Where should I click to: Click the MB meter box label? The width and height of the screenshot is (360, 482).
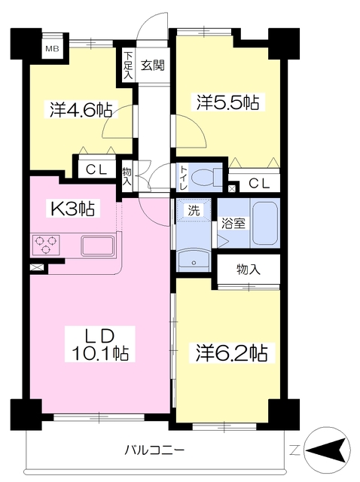52,48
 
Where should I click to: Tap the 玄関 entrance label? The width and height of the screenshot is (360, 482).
153,66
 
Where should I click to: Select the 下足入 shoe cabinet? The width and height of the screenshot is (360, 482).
128,65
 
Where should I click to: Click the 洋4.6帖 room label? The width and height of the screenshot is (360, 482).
81,109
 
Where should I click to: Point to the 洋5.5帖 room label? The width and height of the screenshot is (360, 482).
227,102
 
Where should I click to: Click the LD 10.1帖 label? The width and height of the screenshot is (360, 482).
100,344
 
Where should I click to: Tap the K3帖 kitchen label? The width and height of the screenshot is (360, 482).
72,208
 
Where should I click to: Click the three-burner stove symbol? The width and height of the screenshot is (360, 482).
46,245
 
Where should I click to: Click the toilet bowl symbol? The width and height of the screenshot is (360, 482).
206,178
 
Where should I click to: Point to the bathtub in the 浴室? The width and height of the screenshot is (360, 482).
265,223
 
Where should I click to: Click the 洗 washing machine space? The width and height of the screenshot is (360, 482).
194,210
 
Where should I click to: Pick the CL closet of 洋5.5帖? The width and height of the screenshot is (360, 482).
258,183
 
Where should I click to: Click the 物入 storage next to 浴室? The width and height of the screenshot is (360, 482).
249,270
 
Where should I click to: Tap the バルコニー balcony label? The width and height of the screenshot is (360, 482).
154,450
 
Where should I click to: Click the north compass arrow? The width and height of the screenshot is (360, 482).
328,450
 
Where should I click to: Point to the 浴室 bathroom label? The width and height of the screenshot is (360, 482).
233,223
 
